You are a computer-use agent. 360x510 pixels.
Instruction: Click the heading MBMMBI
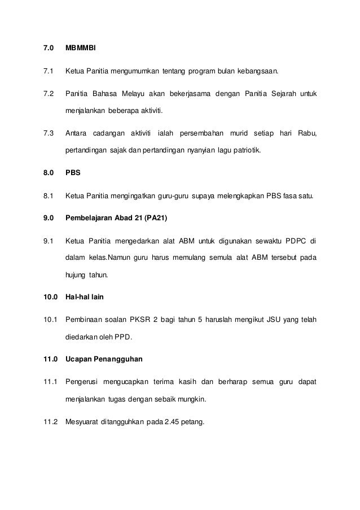coord(81,49)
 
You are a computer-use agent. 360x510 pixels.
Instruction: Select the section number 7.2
coord(48,93)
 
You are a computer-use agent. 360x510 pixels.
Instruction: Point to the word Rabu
coord(307,133)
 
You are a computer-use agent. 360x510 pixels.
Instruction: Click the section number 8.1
coord(48,196)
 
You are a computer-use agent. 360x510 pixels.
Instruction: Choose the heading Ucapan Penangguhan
coord(103,361)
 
